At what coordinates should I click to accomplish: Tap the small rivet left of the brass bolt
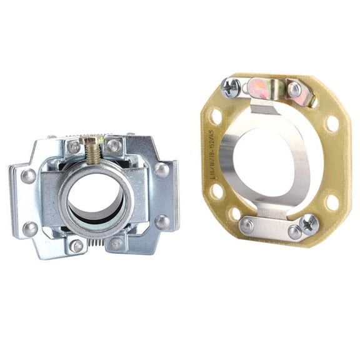tap(74, 146)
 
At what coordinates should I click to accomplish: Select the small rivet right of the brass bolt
tap(114, 145)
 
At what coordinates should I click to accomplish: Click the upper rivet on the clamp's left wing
tap(28, 176)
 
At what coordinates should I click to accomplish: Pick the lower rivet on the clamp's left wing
tap(30, 228)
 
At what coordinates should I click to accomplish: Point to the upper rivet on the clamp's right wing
tap(162, 169)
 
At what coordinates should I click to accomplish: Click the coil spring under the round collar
tap(96, 241)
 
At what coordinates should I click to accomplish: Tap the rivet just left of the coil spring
tap(76, 246)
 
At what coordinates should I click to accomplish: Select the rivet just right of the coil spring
tap(117, 243)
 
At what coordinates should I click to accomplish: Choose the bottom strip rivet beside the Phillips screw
tap(294, 232)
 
